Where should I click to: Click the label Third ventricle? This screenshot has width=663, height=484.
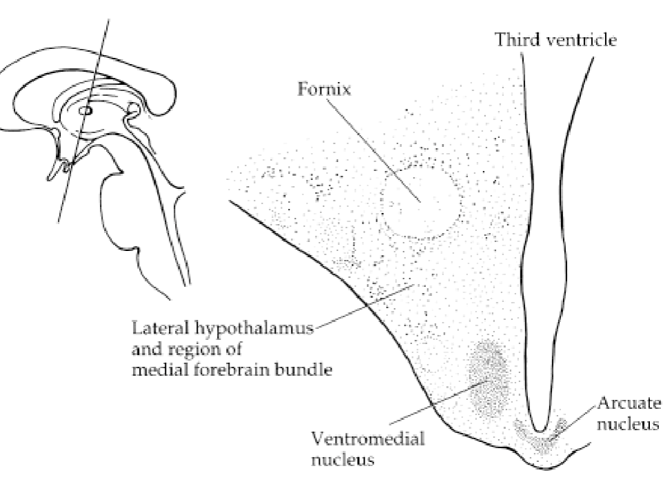[555, 39]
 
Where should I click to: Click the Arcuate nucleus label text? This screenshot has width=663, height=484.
[629, 412]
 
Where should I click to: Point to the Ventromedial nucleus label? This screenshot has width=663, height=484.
[368, 448]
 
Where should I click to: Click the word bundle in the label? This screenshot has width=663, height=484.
[308, 370]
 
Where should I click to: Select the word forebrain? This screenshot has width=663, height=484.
[243, 370]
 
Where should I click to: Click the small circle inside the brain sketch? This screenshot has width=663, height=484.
[85, 109]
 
